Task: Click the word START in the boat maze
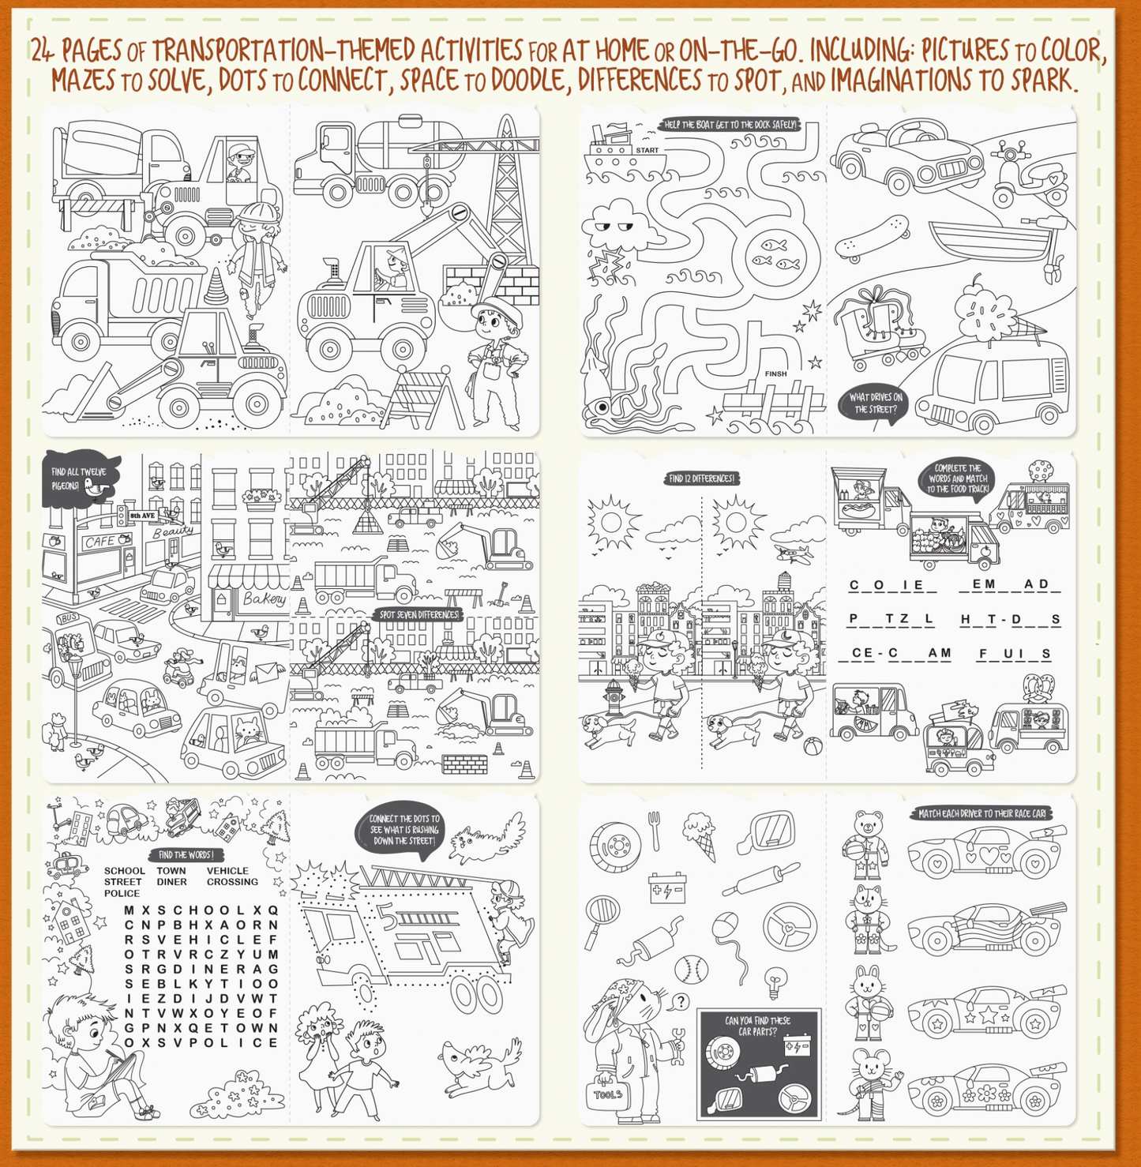pos(647,150)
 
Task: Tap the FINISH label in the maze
pos(775,374)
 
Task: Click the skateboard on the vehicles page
pos(872,237)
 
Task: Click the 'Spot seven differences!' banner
pos(418,614)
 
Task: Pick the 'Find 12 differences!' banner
pos(701,478)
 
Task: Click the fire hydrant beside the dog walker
pos(615,696)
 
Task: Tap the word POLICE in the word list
pos(122,893)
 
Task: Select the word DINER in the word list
pos(171,882)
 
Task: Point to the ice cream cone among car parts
pos(701,835)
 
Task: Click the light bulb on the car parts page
pos(775,981)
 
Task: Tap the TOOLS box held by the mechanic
pos(608,1094)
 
